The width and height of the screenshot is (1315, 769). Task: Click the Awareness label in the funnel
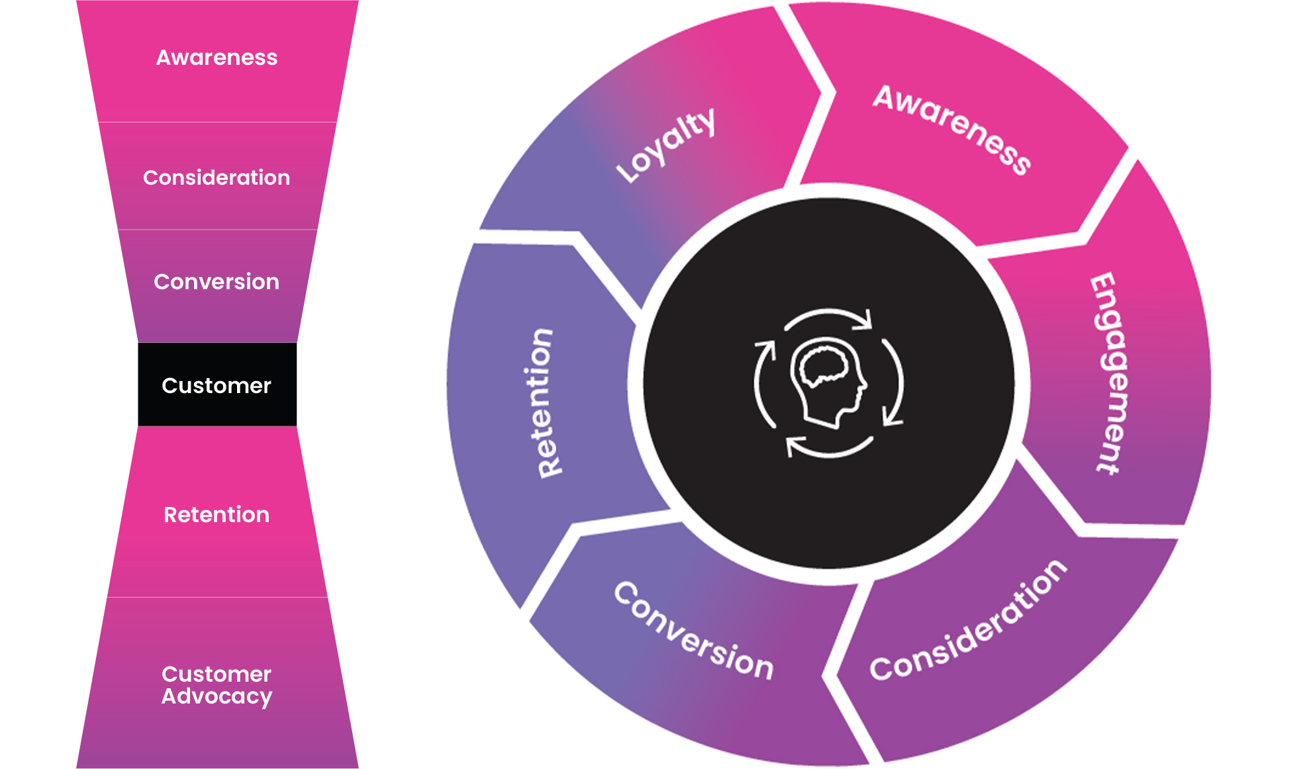[217, 58]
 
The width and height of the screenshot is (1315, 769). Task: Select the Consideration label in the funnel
[217, 177]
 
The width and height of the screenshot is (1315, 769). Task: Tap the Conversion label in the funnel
[217, 282]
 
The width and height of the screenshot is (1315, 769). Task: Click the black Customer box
[217, 385]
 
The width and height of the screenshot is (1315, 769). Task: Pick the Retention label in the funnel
[217, 515]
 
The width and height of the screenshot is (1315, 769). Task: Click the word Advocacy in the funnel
[217, 697]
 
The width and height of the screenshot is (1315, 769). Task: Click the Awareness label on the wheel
[952, 130]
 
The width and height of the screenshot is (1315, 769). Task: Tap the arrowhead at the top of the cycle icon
[864, 320]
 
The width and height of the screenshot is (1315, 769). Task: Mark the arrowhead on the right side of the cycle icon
[891, 419]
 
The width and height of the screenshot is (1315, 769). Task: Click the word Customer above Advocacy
[217, 674]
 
